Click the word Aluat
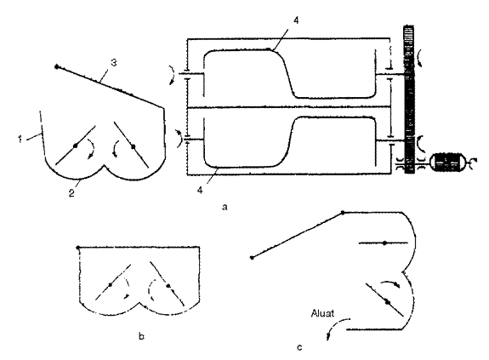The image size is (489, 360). click(322, 313)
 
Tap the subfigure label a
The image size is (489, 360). click(225, 207)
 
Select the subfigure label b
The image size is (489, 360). click(141, 336)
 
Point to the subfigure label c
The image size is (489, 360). click(299, 347)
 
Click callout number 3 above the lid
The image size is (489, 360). click(114, 63)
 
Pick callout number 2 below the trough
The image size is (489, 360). click(71, 193)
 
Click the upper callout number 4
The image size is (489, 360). click(296, 20)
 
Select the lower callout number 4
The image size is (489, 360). click(200, 190)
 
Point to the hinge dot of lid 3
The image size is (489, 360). click(57, 66)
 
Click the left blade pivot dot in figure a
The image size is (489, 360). click(75, 146)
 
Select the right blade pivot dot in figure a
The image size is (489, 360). click(134, 146)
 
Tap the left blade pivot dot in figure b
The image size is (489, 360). click(111, 284)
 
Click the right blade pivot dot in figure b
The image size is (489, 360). click(168, 285)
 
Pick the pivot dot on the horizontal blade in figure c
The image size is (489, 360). click(385, 243)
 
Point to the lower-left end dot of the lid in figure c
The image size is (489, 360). click(252, 258)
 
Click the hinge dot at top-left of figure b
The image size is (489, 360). click(78, 248)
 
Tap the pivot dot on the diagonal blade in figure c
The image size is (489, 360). click(388, 301)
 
